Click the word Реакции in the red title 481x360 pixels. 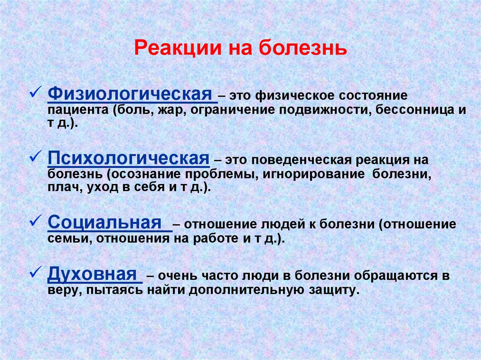pyautogui.click(x=178, y=48)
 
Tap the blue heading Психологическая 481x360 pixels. pyautogui.click(x=129, y=158)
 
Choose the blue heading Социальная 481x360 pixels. pyautogui.click(x=105, y=222)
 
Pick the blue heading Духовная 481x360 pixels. pyautogui.click(x=92, y=274)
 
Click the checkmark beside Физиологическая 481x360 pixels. pyautogui.click(x=36, y=92)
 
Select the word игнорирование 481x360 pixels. pyautogui.click(x=313, y=175)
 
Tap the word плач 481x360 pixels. pyautogui.click(x=65, y=187)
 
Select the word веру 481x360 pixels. pyautogui.click(x=65, y=290)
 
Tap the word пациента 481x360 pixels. pyautogui.click(x=78, y=110)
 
